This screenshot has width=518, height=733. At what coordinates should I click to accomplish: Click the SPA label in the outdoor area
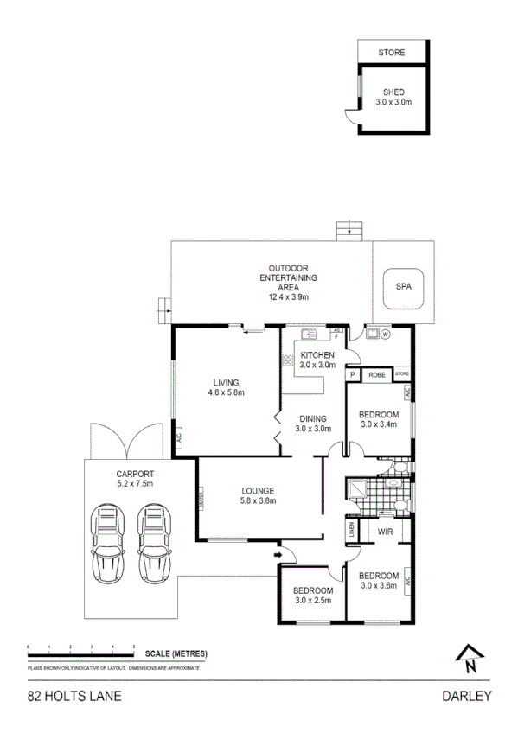403,285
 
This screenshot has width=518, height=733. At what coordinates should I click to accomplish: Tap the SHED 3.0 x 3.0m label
393,97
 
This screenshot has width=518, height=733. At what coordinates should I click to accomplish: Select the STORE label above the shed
391,53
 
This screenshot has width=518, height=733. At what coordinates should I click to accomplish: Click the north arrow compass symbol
469,659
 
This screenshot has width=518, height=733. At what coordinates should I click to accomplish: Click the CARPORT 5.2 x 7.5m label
133,479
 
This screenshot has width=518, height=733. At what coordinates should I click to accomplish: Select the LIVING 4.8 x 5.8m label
227,387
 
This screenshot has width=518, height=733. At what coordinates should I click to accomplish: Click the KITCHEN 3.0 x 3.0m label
317,360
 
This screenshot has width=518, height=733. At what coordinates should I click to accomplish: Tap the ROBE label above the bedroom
377,375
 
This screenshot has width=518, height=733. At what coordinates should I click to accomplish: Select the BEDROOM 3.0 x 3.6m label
380,581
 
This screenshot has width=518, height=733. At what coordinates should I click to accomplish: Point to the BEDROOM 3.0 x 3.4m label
379,419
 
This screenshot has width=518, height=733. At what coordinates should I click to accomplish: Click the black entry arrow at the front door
278,554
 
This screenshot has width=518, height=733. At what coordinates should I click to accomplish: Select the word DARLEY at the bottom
467,695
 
